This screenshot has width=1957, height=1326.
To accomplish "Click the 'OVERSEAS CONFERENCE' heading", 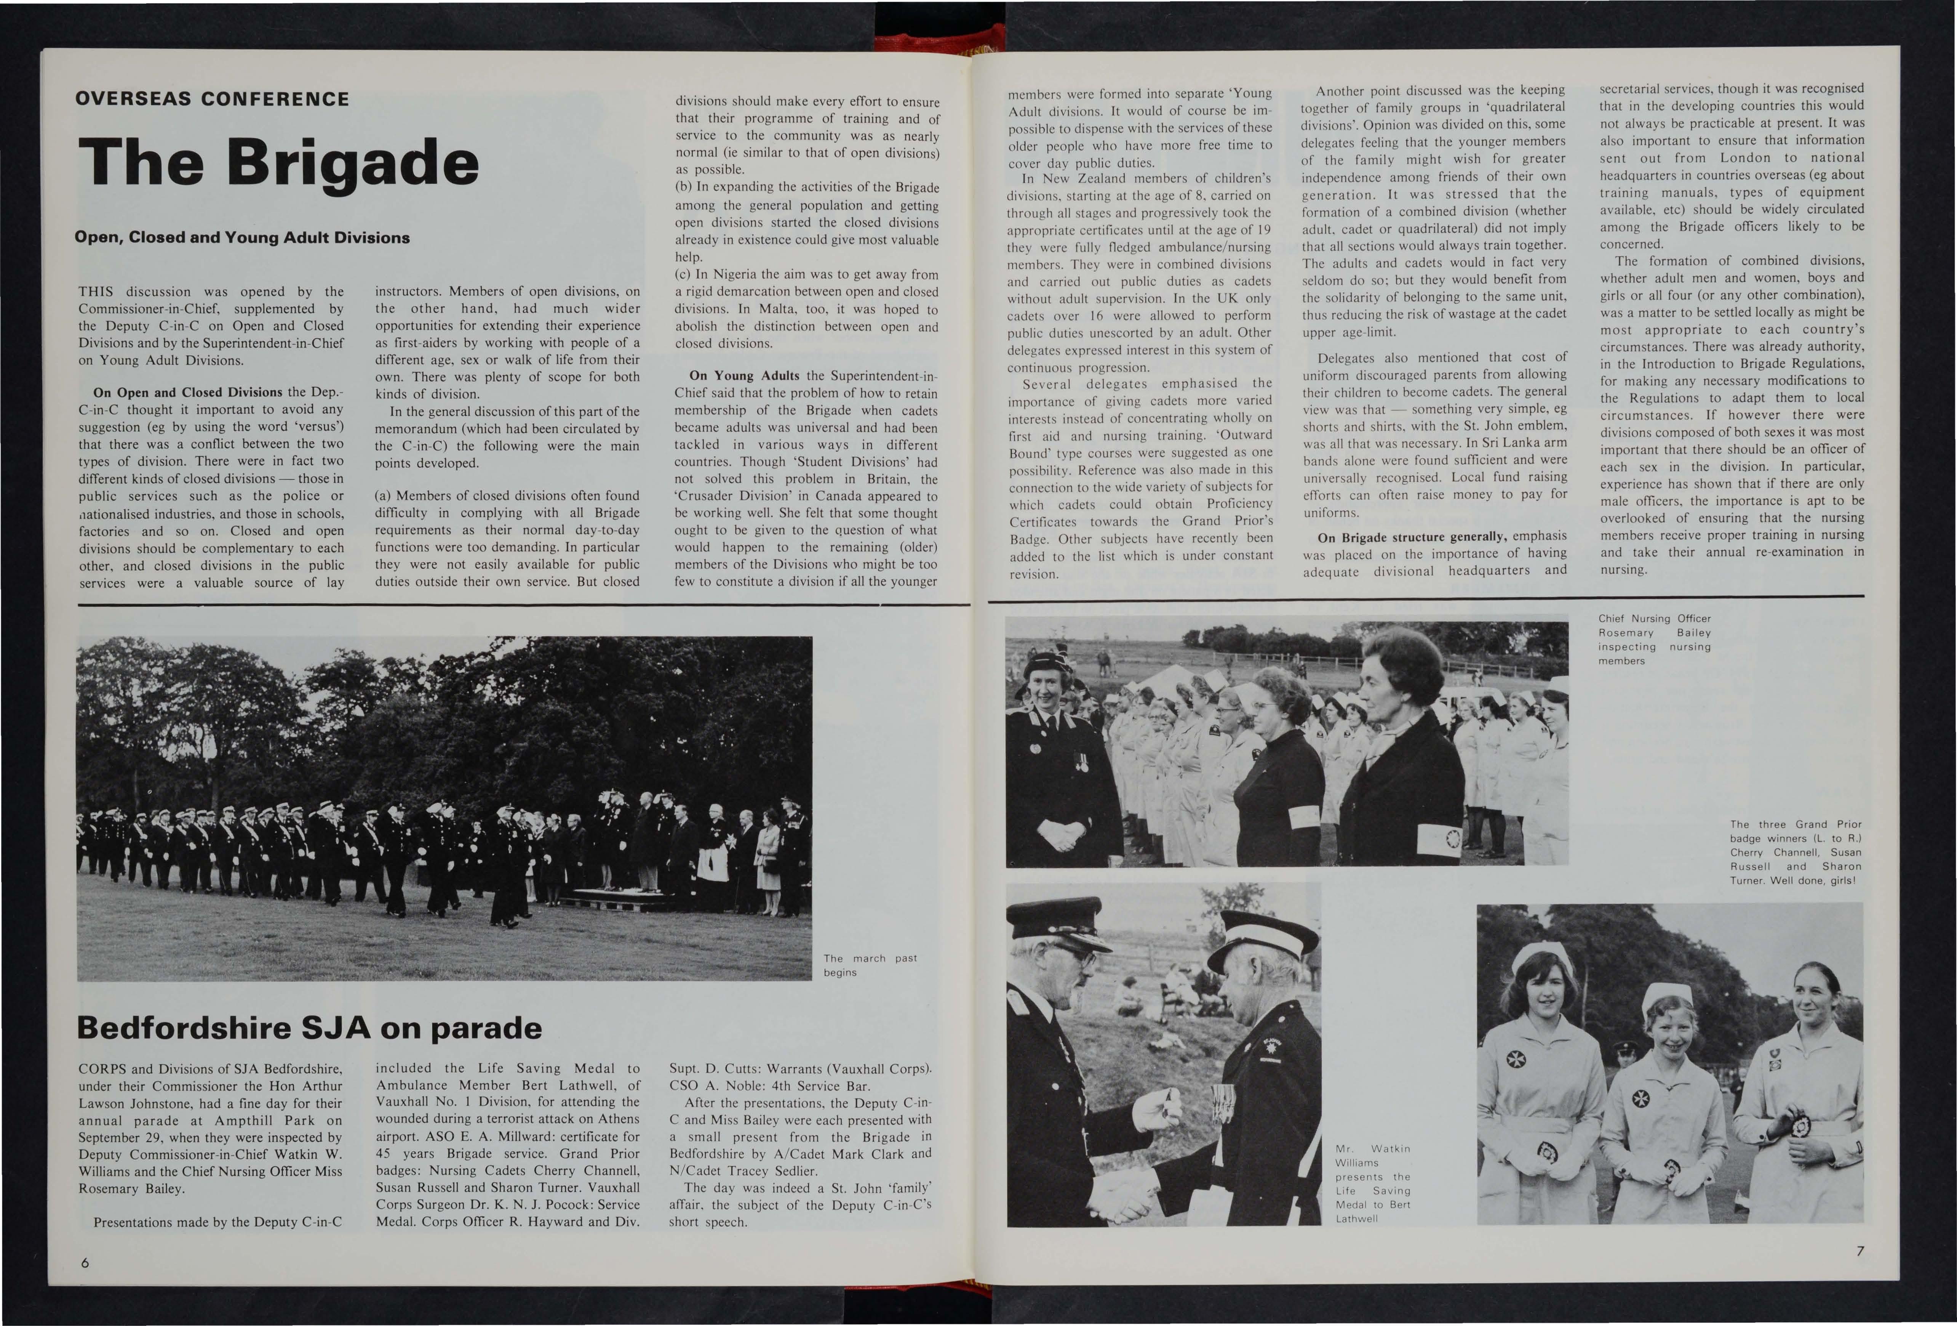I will (x=212, y=99).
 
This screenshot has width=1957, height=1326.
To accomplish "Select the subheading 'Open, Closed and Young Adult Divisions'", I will (x=243, y=237).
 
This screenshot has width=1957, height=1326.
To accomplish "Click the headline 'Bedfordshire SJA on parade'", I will (x=309, y=1028).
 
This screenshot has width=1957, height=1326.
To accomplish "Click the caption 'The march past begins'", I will (x=870, y=965).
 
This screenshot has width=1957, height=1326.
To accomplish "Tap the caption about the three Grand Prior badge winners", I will (x=1796, y=852).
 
